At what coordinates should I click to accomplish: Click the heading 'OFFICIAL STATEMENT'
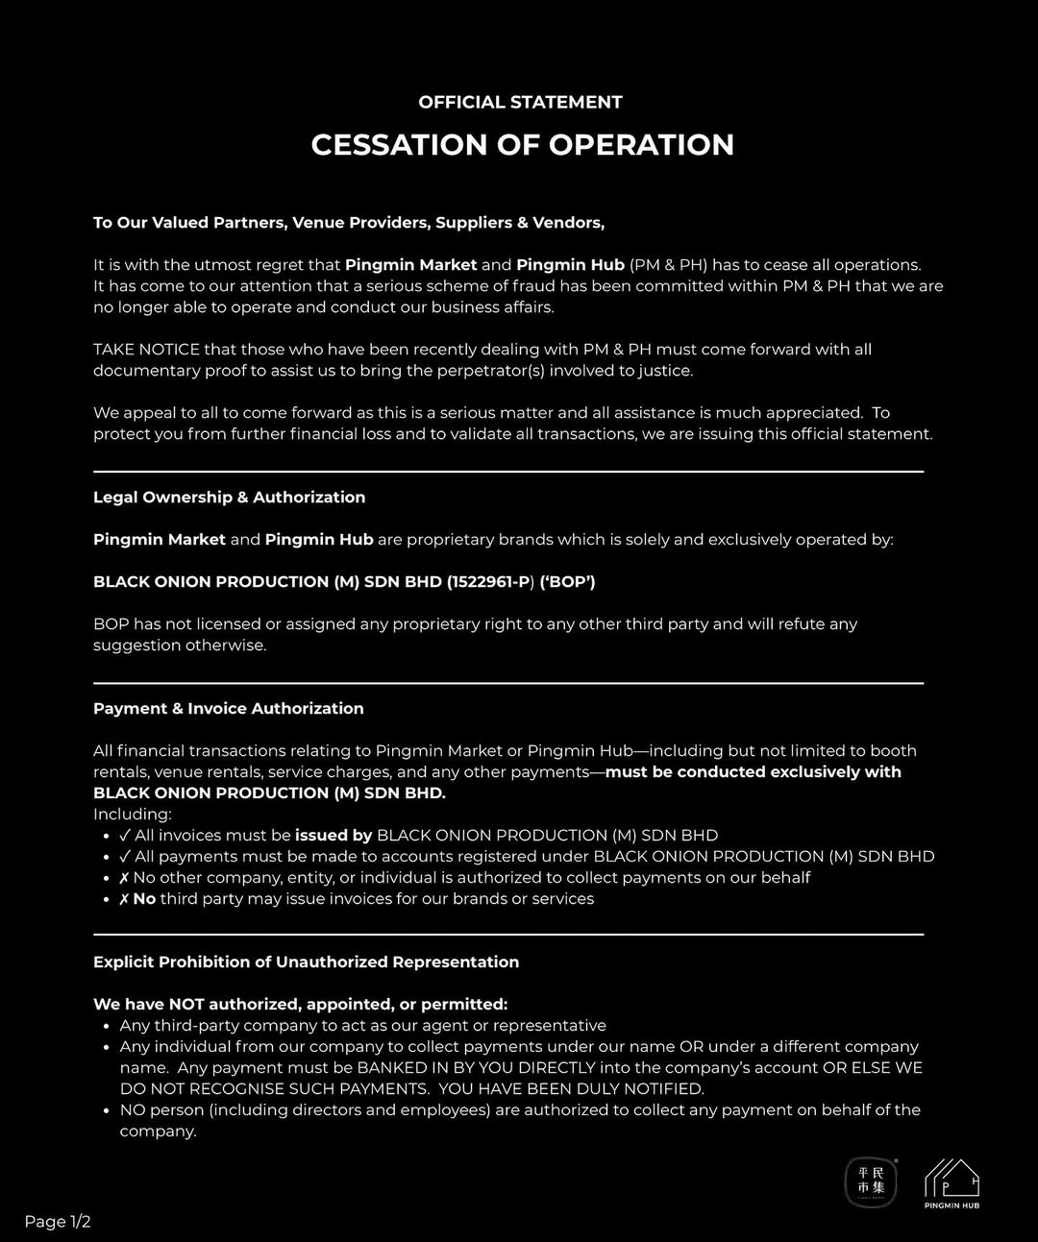pyautogui.click(x=520, y=102)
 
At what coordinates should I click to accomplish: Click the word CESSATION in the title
pyautogui.click(x=399, y=145)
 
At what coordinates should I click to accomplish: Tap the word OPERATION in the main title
pyautogui.click(x=641, y=145)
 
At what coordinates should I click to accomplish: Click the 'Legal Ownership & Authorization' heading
pyautogui.click(x=229, y=498)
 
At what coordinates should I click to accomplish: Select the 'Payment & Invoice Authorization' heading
pyautogui.click(x=228, y=709)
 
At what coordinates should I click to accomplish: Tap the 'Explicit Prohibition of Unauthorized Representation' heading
pyautogui.click(x=306, y=962)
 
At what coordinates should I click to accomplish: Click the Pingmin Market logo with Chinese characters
pyautogui.click(x=871, y=1181)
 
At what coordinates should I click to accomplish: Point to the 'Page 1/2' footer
pyautogui.click(x=58, y=1222)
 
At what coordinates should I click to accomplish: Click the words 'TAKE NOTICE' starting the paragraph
pyautogui.click(x=146, y=350)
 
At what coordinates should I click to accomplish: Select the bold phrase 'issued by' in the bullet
pyautogui.click(x=334, y=836)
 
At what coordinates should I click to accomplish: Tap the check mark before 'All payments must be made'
pyautogui.click(x=125, y=857)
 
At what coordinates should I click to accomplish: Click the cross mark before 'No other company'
pyautogui.click(x=124, y=878)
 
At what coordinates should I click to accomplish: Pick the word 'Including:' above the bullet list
pyautogui.click(x=132, y=815)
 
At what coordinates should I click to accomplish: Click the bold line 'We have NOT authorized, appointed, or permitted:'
pyautogui.click(x=300, y=1005)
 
